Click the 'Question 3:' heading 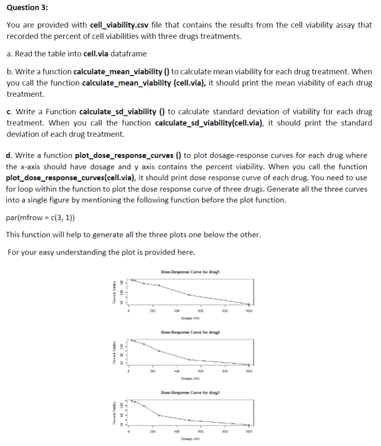27,8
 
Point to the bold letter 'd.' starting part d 10,156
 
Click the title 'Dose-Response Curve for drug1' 190,272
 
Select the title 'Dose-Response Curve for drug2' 190,332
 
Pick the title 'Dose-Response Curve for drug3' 190,392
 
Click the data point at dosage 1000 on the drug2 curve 248,364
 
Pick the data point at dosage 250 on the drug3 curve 159,415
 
